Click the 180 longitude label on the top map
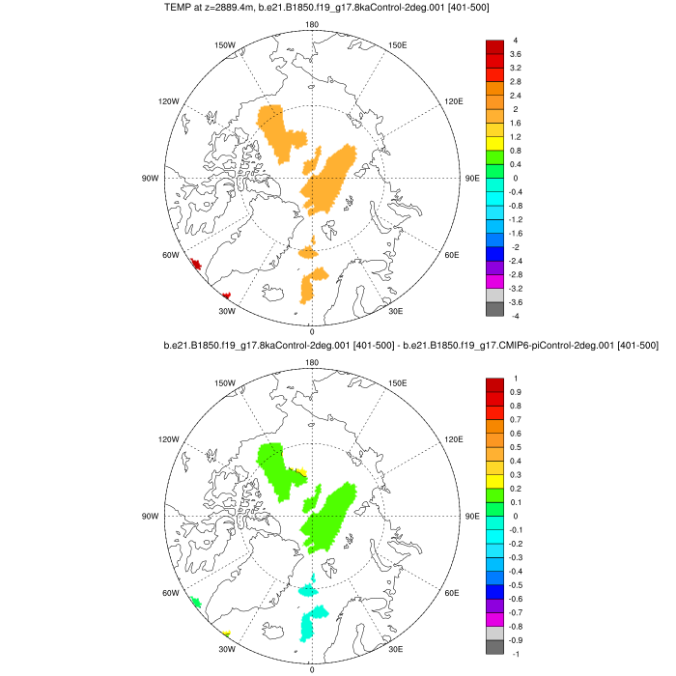(x=311, y=25)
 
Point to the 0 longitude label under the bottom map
(x=311, y=669)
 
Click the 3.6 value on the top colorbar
(x=516, y=55)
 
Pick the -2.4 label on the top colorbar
(x=518, y=261)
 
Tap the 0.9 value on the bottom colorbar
(x=516, y=392)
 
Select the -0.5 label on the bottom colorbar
(x=518, y=584)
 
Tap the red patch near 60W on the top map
(x=196, y=263)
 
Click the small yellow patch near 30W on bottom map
(x=226, y=634)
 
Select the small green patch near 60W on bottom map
(x=196, y=602)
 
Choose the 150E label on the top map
(x=397, y=44)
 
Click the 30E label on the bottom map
(x=396, y=649)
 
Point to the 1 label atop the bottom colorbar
(x=515, y=378)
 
